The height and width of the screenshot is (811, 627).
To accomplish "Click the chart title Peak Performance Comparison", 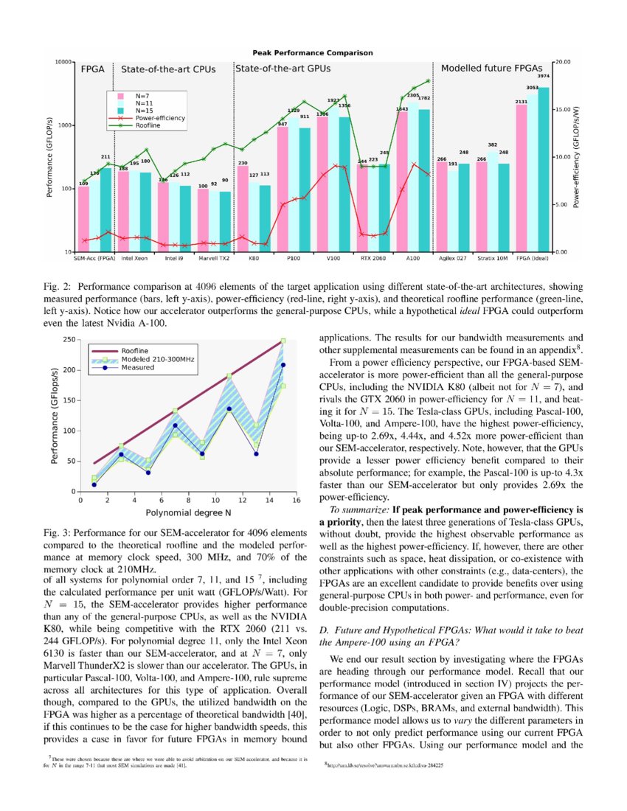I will [313, 53].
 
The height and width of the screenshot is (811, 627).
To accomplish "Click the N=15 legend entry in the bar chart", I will [140, 110].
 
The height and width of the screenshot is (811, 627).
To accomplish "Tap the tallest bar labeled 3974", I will [543, 170].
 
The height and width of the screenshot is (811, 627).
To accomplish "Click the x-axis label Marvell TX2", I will [213, 260].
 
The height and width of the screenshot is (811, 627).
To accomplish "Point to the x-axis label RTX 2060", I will [373, 260].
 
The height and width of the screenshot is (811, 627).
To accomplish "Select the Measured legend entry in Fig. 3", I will [137, 367].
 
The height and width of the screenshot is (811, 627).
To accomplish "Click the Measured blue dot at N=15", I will [283, 365].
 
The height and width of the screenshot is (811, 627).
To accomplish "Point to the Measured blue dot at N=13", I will [256, 453].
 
